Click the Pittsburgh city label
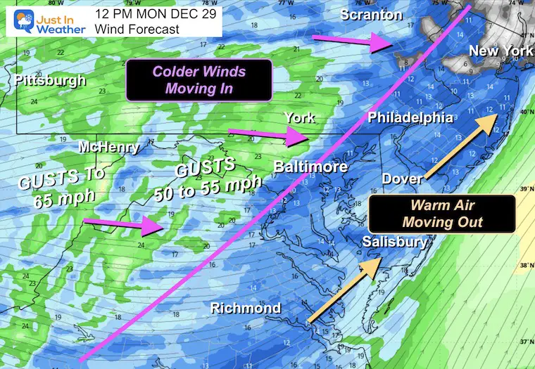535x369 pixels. pos(49,80)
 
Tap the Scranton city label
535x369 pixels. pos(371,14)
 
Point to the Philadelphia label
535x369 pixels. pos(410,117)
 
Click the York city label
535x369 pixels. pos(299,117)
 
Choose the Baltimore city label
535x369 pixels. pos(310,167)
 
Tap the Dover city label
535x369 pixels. pos(402,179)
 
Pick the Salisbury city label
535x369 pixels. pos(395,242)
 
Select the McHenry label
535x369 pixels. pos(109,148)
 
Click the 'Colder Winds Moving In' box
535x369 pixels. pos(198,80)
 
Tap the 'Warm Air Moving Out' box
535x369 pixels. pos(442,214)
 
